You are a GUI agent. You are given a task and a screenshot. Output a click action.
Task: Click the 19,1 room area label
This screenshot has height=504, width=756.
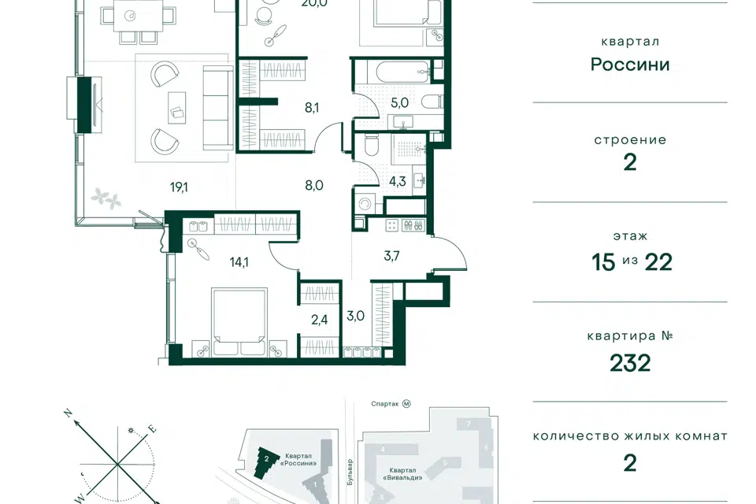(x=179, y=187)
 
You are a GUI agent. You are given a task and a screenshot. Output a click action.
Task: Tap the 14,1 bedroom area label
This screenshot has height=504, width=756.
(x=239, y=262)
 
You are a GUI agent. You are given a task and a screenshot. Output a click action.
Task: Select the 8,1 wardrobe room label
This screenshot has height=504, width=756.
(x=312, y=108)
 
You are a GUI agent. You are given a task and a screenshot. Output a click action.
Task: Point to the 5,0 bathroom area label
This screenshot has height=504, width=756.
(x=400, y=102)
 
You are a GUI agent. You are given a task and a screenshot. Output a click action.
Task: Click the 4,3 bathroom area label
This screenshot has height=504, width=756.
(x=398, y=181)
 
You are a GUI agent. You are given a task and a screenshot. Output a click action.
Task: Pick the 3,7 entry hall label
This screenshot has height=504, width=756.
(x=391, y=256)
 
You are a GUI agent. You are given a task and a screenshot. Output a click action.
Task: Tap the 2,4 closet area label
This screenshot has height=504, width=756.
(x=319, y=319)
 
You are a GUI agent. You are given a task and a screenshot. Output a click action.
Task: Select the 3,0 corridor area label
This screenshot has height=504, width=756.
(x=355, y=316)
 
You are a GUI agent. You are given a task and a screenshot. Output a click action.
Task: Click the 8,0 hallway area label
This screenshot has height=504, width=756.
(x=314, y=185)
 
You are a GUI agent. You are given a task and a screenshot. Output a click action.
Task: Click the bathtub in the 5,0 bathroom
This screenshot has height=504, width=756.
(x=399, y=72)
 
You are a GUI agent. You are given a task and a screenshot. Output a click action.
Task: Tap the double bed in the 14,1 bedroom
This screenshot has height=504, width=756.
(x=239, y=322)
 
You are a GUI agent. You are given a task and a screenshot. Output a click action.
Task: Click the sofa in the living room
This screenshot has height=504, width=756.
(x=218, y=108)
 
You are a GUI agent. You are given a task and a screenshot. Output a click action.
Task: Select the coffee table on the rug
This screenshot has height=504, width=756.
(x=176, y=108)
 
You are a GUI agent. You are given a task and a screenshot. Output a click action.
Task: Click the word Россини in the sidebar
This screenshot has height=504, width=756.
(x=630, y=65)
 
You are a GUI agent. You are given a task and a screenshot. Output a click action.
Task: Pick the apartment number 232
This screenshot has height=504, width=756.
(x=630, y=363)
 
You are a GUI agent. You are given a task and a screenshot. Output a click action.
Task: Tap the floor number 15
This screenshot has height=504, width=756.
(x=604, y=262)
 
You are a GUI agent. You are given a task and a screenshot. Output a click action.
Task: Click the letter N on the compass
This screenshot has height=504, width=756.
(x=69, y=413)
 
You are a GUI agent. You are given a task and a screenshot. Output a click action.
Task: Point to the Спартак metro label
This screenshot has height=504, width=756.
(x=385, y=404)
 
